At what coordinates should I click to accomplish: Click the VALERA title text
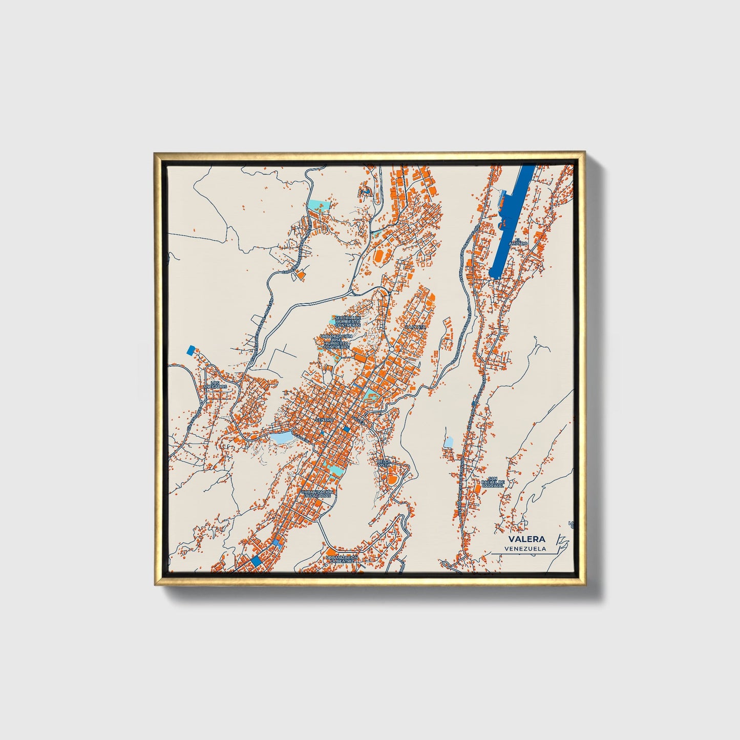(x=526, y=539)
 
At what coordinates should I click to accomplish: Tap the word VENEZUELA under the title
(x=525, y=548)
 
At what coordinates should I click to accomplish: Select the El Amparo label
(x=518, y=242)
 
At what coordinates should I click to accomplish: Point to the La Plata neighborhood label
(x=415, y=327)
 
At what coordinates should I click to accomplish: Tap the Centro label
(x=324, y=420)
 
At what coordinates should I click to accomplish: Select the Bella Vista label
(x=384, y=463)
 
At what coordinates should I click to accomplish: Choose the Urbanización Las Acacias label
(x=318, y=494)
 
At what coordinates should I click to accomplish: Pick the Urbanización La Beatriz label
(x=342, y=559)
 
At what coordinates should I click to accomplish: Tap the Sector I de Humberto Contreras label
(x=348, y=321)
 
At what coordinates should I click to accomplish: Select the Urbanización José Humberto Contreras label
(x=336, y=342)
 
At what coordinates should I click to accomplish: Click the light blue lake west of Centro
(x=281, y=437)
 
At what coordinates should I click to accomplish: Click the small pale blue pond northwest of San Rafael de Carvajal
(x=449, y=442)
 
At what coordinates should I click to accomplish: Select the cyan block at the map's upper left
(x=319, y=206)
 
